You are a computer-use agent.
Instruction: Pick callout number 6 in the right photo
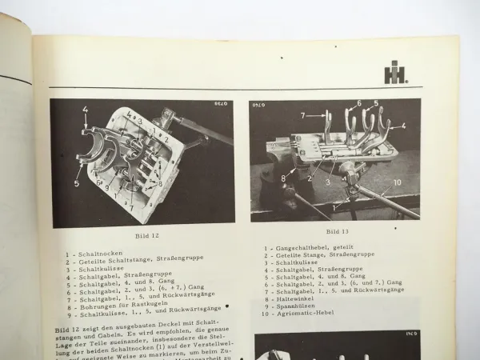(x=357, y=103)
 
